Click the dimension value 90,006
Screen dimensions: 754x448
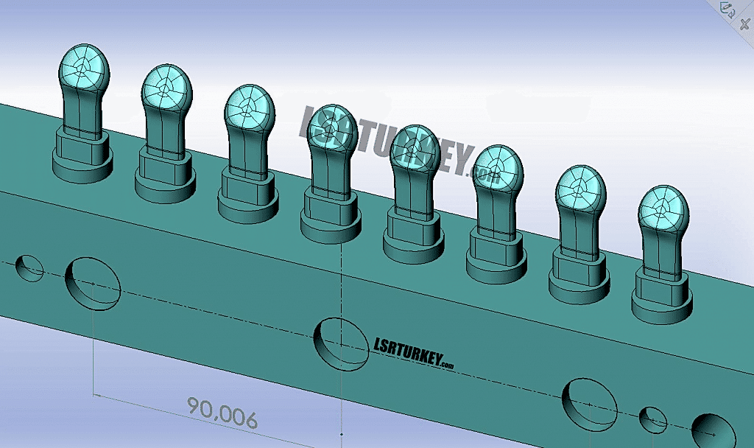[222, 413]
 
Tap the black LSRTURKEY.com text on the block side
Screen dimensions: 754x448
[414, 353]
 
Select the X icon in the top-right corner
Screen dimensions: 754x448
[744, 24]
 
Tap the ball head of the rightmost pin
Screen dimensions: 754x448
[663, 209]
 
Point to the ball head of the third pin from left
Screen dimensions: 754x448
[250, 110]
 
